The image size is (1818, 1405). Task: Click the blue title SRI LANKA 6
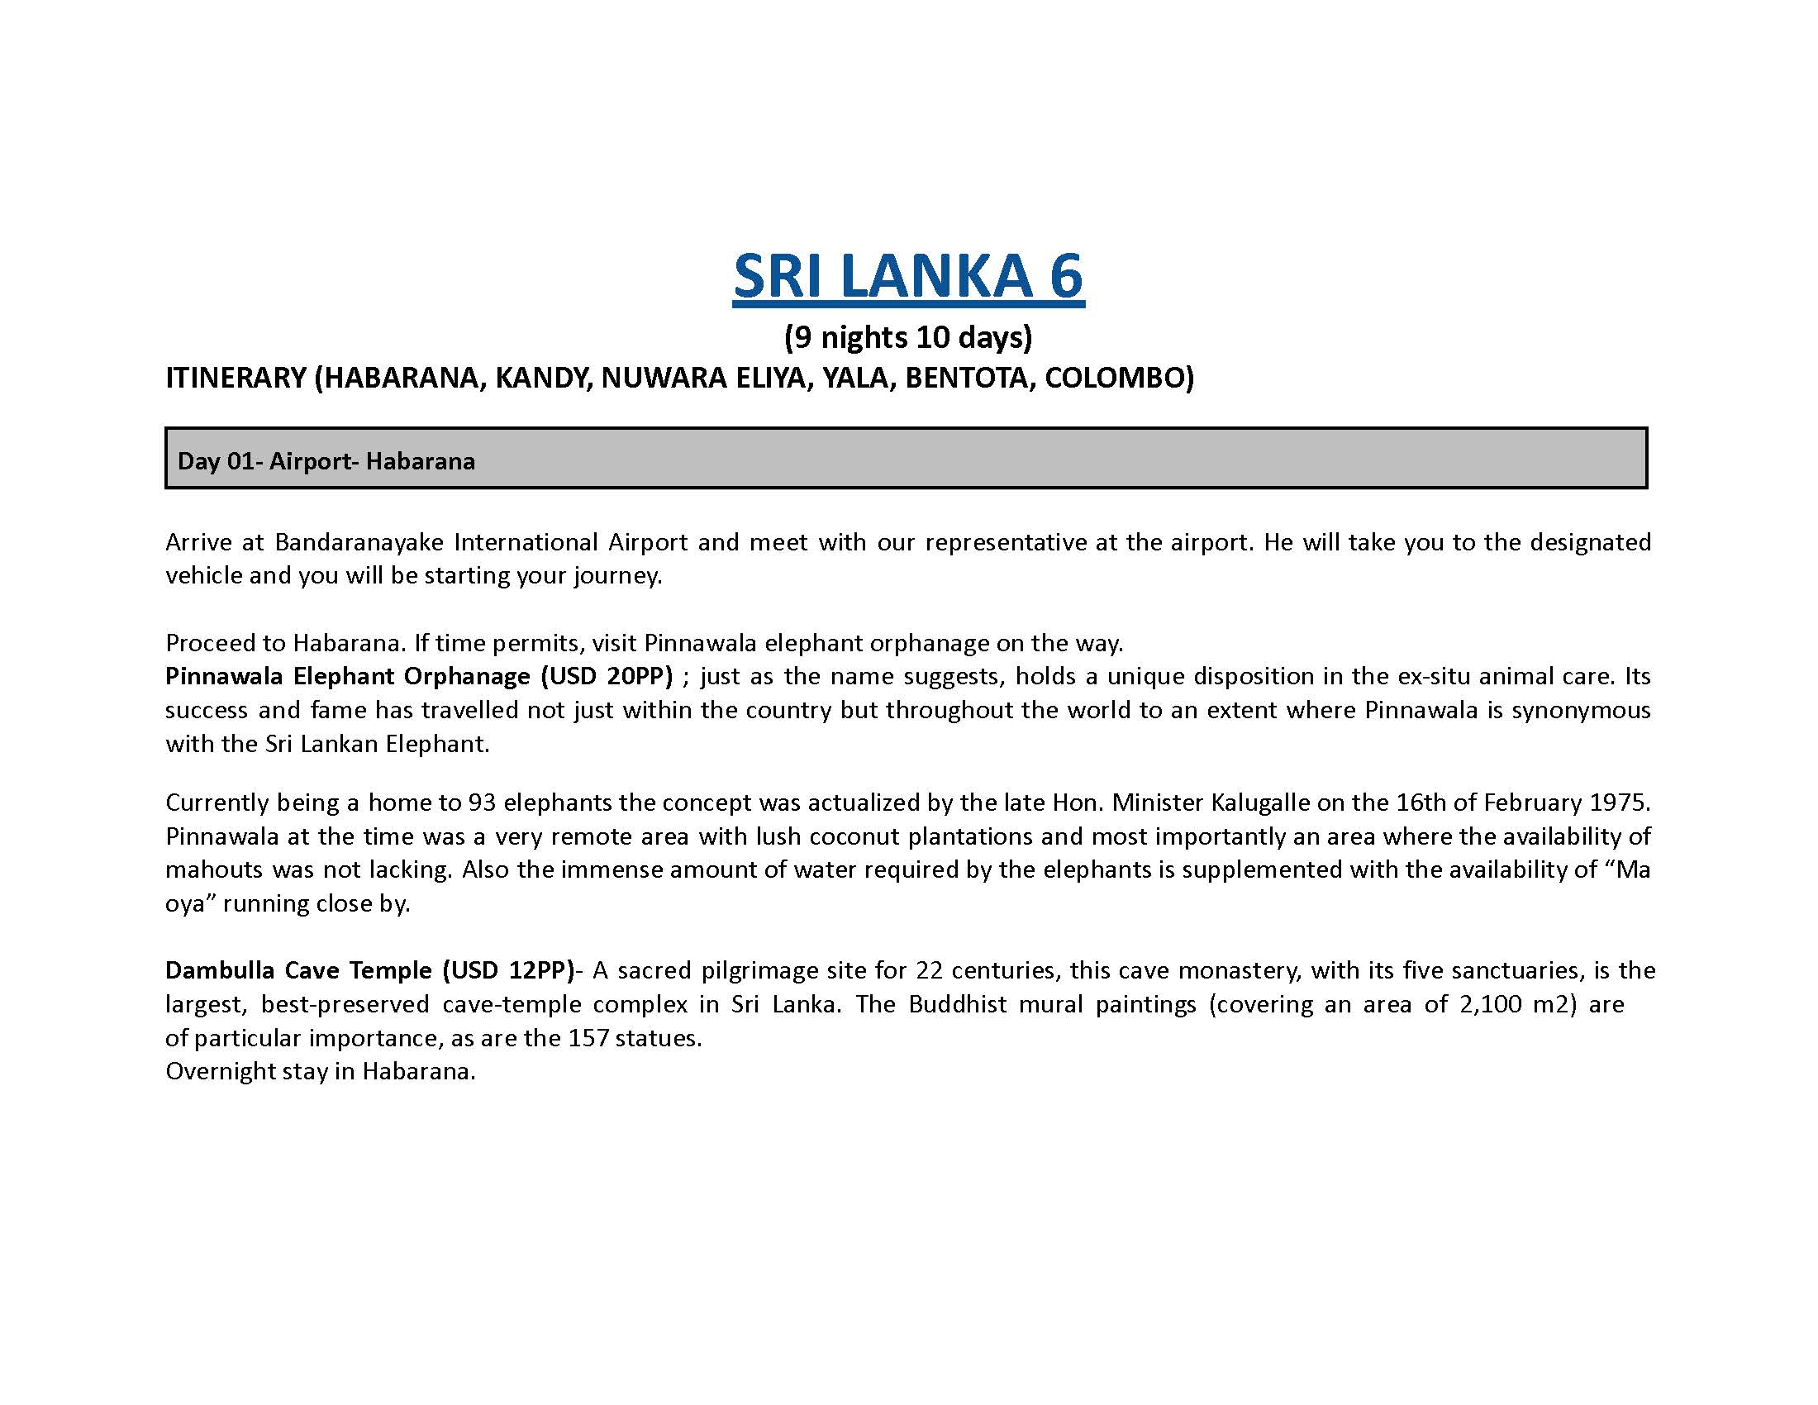(908, 276)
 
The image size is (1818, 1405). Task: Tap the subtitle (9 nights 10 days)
(907, 337)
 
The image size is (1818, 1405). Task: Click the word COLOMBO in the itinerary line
(1119, 378)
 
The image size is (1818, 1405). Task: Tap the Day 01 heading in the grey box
(326, 461)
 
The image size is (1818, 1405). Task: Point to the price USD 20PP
(605, 676)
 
